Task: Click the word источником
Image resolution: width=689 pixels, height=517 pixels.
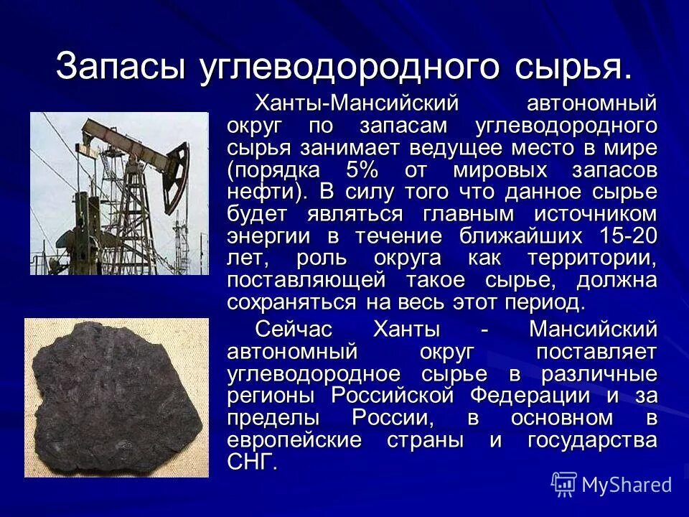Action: coord(595,215)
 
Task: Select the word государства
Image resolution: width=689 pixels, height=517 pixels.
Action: coord(593,439)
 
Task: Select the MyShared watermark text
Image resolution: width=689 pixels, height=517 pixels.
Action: coord(627,485)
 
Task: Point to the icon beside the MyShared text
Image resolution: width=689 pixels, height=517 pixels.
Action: coord(564,484)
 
